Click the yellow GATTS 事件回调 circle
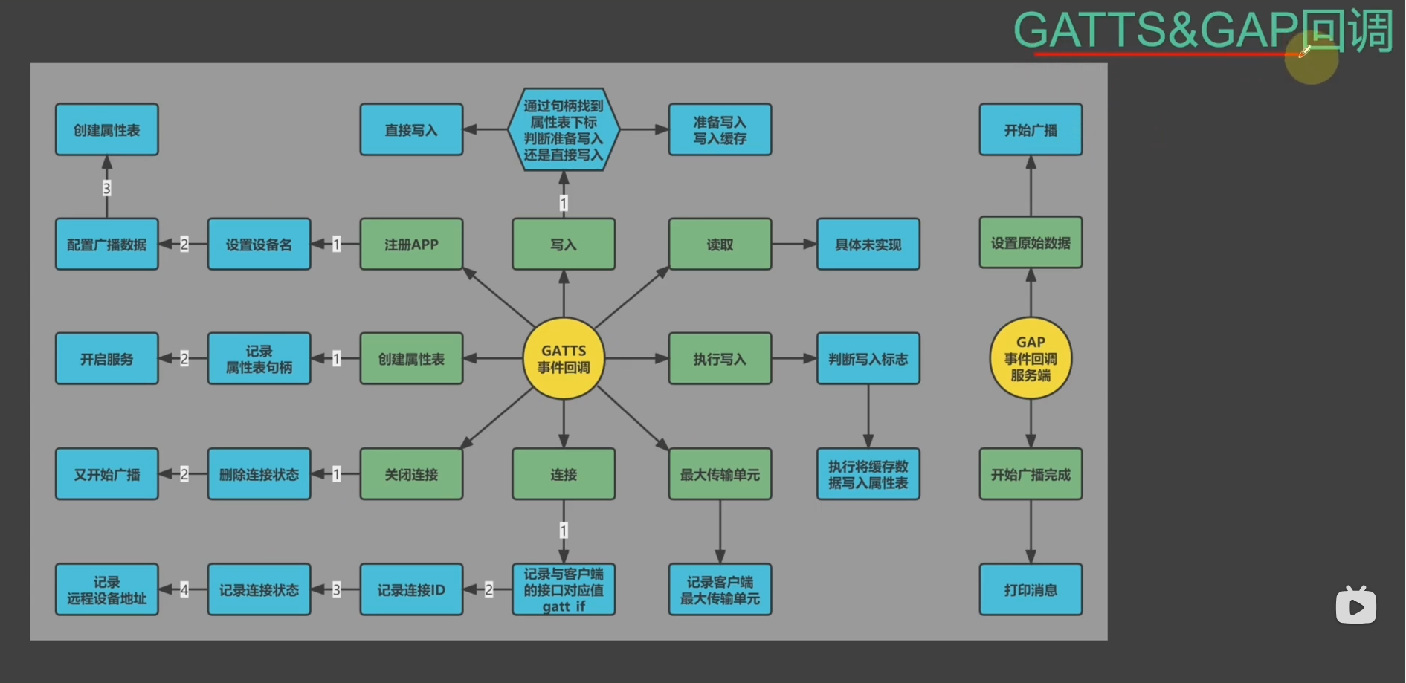(563, 359)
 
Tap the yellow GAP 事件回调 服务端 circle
(1030, 359)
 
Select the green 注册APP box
(411, 245)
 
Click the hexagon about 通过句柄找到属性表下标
(563, 130)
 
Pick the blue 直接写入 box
(411, 130)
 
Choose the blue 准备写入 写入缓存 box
(719, 130)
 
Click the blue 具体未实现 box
(868, 245)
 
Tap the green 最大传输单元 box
(719, 474)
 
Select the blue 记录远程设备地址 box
(107, 590)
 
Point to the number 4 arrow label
(184, 590)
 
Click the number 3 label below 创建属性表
(107, 188)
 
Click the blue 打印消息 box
(1030, 590)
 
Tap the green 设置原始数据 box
(1030, 243)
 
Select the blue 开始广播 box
(1030, 130)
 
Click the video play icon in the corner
(1355, 606)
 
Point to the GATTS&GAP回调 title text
(1202, 31)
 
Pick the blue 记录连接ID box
(411, 590)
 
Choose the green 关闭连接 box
(411, 474)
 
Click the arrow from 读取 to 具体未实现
(794, 245)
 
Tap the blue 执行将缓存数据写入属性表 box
(868, 474)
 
